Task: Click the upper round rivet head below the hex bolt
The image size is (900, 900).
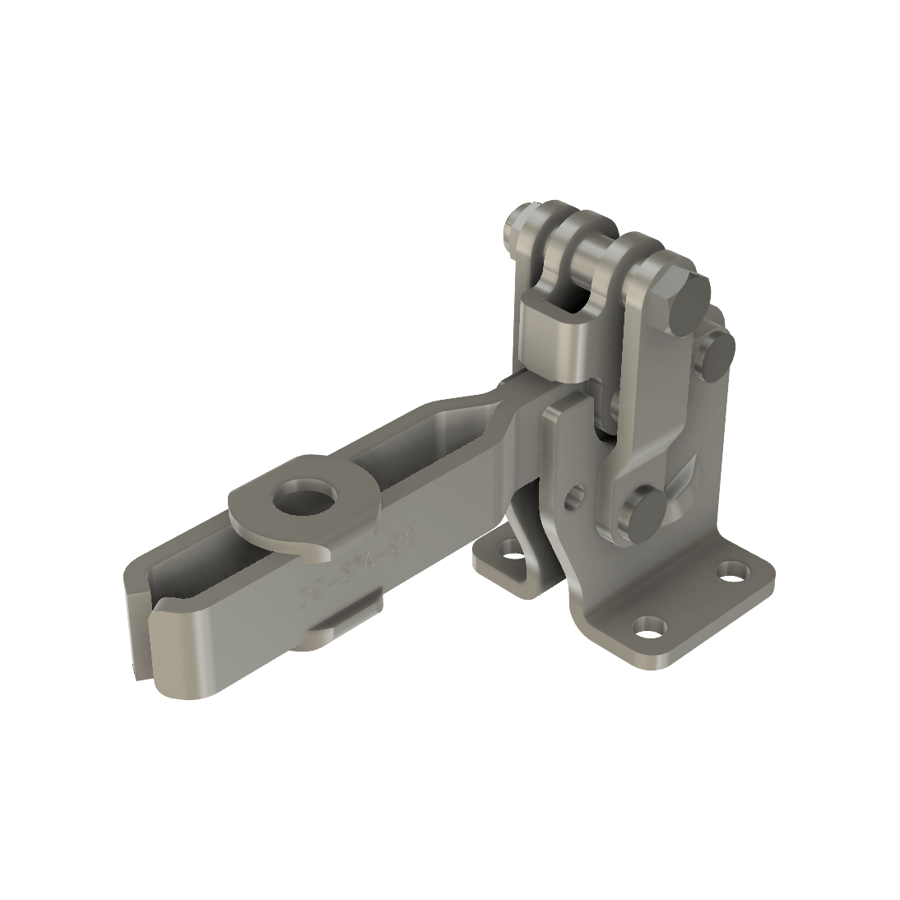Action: [719, 352]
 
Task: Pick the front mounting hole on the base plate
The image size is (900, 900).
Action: [648, 633]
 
